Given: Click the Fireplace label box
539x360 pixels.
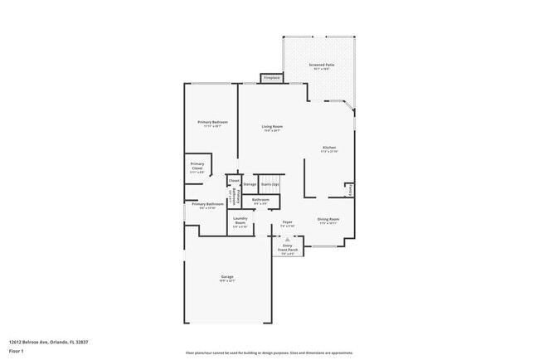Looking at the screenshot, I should pyautogui.click(x=271, y=78).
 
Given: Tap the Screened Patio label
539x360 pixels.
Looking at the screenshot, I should pyautogui.click(x=322, y=66).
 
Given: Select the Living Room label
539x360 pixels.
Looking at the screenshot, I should pyautogui.click(x=272, y=128).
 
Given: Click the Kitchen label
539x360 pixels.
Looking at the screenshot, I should pyautogui.click(x=330, y=149).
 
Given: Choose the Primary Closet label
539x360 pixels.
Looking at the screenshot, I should pyautogui.click(x=197, y=166).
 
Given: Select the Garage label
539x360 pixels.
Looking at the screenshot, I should pyautogui.click(x=227, y=278).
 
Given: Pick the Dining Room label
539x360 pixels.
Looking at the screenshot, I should pyautogui.click(x=328, y=221).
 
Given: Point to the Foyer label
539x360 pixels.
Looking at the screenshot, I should pyautogui.click(x=288, y=223).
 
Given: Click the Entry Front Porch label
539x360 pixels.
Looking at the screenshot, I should pyautogui.click(x=288, y=247).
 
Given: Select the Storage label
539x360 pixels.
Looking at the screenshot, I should pyautogui.click(x=250, y=184).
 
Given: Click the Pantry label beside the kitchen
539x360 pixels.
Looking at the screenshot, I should pyautogui.click(x=350, y=190).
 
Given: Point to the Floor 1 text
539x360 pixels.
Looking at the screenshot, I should pyautogui.click(x=17, y=352).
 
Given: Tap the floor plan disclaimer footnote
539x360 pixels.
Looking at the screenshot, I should pyautogui.click(x=269, y=353).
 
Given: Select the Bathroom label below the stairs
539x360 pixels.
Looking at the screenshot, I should pyautogui.click(x=260, y=201).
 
